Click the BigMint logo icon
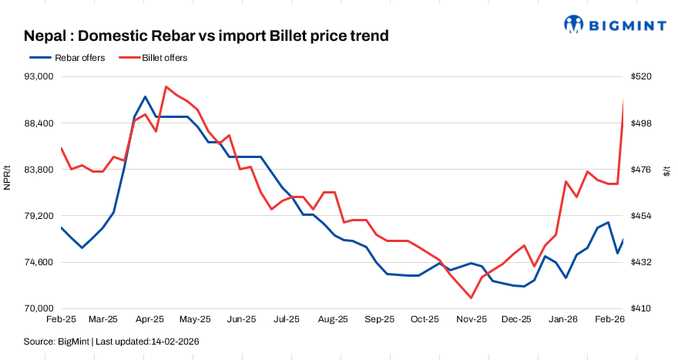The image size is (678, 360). (x=574, y=25)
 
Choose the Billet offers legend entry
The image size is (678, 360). (x=164, y=58)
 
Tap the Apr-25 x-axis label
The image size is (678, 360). (x=149, y=319)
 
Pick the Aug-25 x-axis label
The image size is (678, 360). (x=333, y=319)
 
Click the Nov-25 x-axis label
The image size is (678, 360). (x=471, y=319)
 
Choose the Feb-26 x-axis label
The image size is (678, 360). (x=609, y=319)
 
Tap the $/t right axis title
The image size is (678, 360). (x=667, y=171)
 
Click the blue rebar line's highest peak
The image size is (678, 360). (x=145, y=97)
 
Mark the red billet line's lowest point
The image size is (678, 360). (x=471, y=298)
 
